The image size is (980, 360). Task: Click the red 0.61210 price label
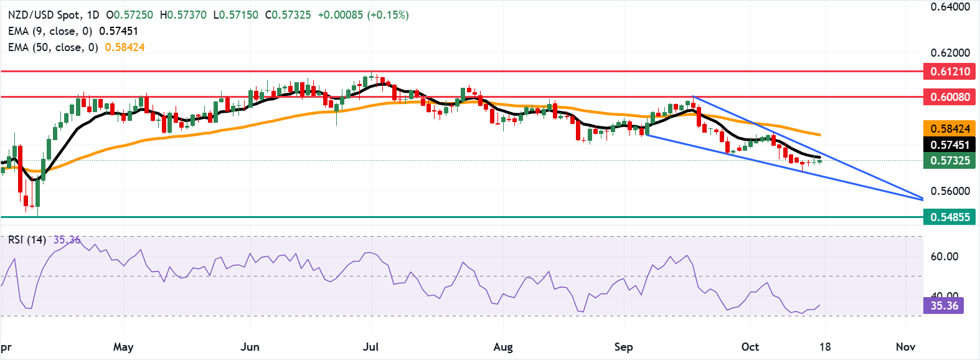tap(950, 72)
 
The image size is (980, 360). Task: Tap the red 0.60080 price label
tap(950, 97)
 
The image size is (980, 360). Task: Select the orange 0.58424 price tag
tap(950, 129)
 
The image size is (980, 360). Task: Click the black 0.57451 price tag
tap(950, 145)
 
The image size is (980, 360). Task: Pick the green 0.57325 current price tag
tap(950, 161)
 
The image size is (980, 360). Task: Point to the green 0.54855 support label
tap(950, 217)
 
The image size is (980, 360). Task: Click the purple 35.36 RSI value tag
tap(944, 306)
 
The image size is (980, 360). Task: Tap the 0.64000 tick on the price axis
tap(950, 7)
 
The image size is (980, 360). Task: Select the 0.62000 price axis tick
tap(950, 53)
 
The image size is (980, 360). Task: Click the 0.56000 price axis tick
tap(950, 191)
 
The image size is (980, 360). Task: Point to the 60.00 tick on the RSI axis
tap(944, 257)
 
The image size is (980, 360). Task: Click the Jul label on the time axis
tap(370, 347)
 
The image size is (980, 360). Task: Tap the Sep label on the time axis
tap(623, 347)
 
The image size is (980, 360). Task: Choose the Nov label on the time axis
tap(905, 347)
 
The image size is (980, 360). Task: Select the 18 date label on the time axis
tap(825, 347)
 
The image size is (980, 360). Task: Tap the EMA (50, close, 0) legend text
tap(53, 47)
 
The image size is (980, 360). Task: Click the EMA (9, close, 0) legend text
tap(50, 31)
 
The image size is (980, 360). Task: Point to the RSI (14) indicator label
tap(27, 240)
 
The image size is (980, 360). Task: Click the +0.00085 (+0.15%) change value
tap(363, 14)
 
